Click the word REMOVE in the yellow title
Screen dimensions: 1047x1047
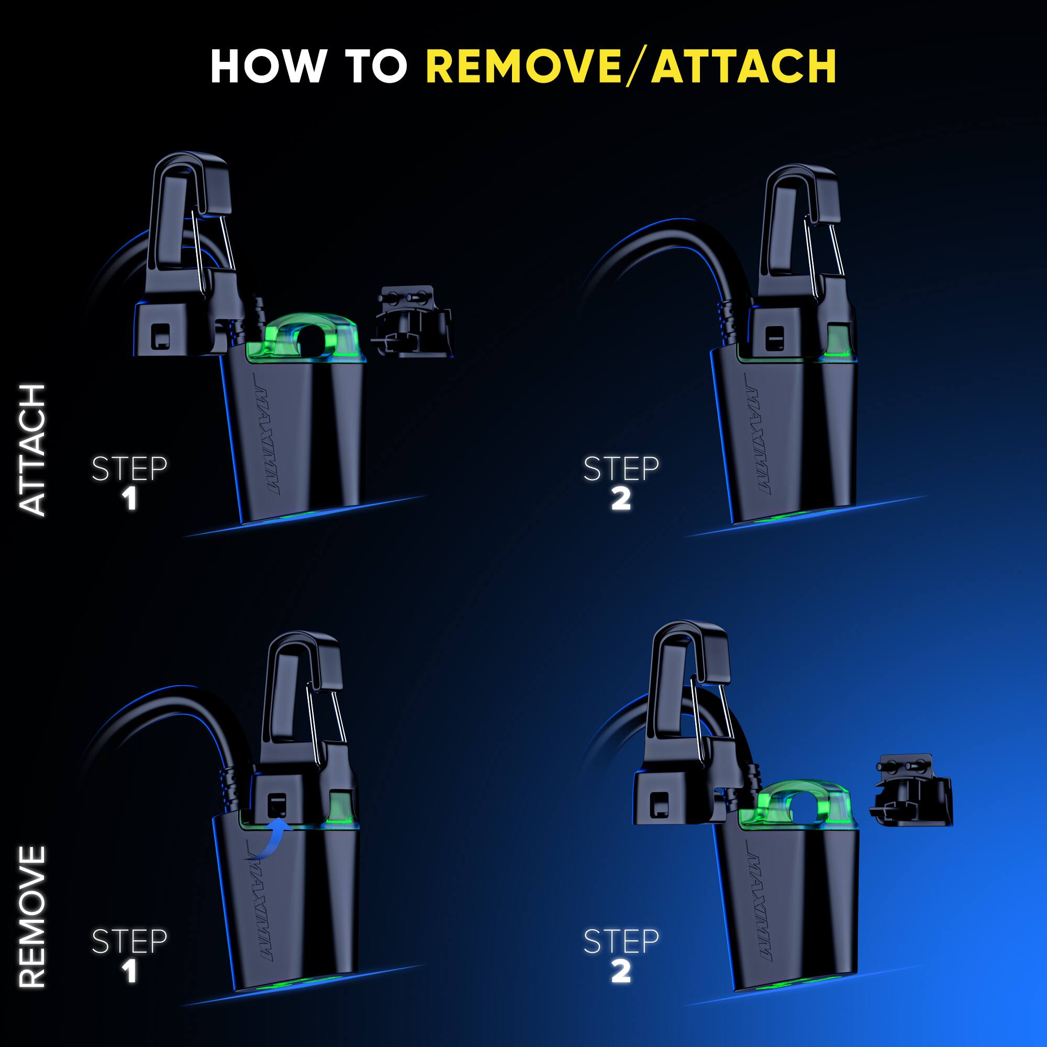pyautogui.click(x=523, y=67)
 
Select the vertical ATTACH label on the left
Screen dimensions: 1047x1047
pyautogui.click(x=31, y=450)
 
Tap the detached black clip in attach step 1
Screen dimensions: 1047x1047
pyautogui.click(x=412, y=322)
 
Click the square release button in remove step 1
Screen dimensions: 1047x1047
pyautogui.click(x=277, y=804)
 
